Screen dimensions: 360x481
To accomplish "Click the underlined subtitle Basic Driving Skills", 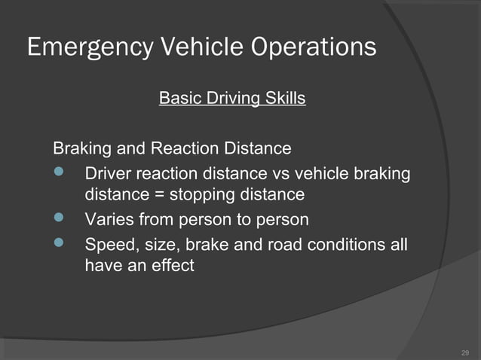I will point(232,99).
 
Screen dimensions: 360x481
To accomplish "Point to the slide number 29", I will point(464,352).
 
